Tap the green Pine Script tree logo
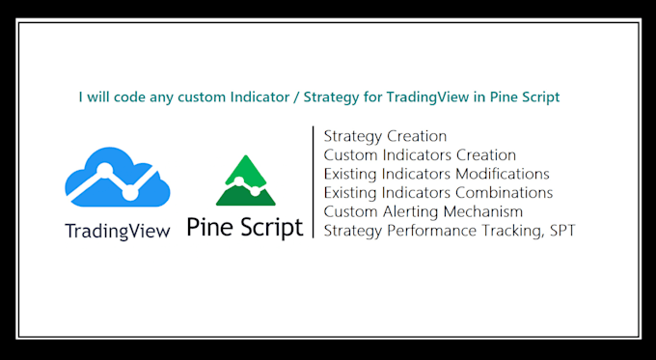[x=245, y=180]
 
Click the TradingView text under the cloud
[x=117, y=231]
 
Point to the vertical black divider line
[x=314, y=181]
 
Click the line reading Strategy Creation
[x=385, y=136]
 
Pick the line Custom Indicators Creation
[x=420, y=154]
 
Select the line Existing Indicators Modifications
[x=436, y=174]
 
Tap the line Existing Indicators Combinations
[x=438, y=192]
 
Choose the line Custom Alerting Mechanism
[x=424, y=210]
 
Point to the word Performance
[x=421, y=229]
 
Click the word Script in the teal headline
[x=537, y=97]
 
